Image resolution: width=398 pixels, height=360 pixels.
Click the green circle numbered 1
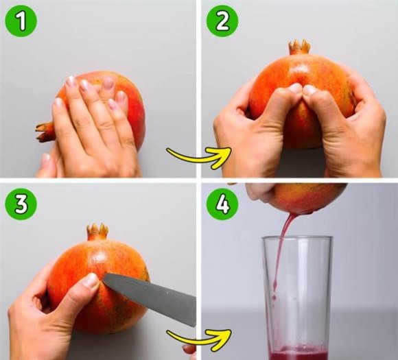pyautogui.click(x=21, y=21)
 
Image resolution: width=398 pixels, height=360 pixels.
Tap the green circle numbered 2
pyautogui.click(x=222, y=21)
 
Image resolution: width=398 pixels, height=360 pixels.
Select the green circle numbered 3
pyautogui.click(x=21, y=204)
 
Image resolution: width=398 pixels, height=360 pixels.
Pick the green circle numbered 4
pyautogui.click(x=222, y=204)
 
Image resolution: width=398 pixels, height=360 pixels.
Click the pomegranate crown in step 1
pyautogui.click(x=45, y=132)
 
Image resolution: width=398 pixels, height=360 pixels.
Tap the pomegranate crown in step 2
pyautogui.click(x=299, y=47)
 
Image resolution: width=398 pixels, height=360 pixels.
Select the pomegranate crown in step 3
pyautogui.click(x=97, y=231)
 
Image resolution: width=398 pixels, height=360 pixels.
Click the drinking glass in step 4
pyautogui.click(x=298, y=298)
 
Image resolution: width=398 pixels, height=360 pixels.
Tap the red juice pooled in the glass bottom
pyautogui.click(x=298, y=353)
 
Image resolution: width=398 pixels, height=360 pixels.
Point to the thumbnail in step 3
pyautogui.click(x=91, y=280)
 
